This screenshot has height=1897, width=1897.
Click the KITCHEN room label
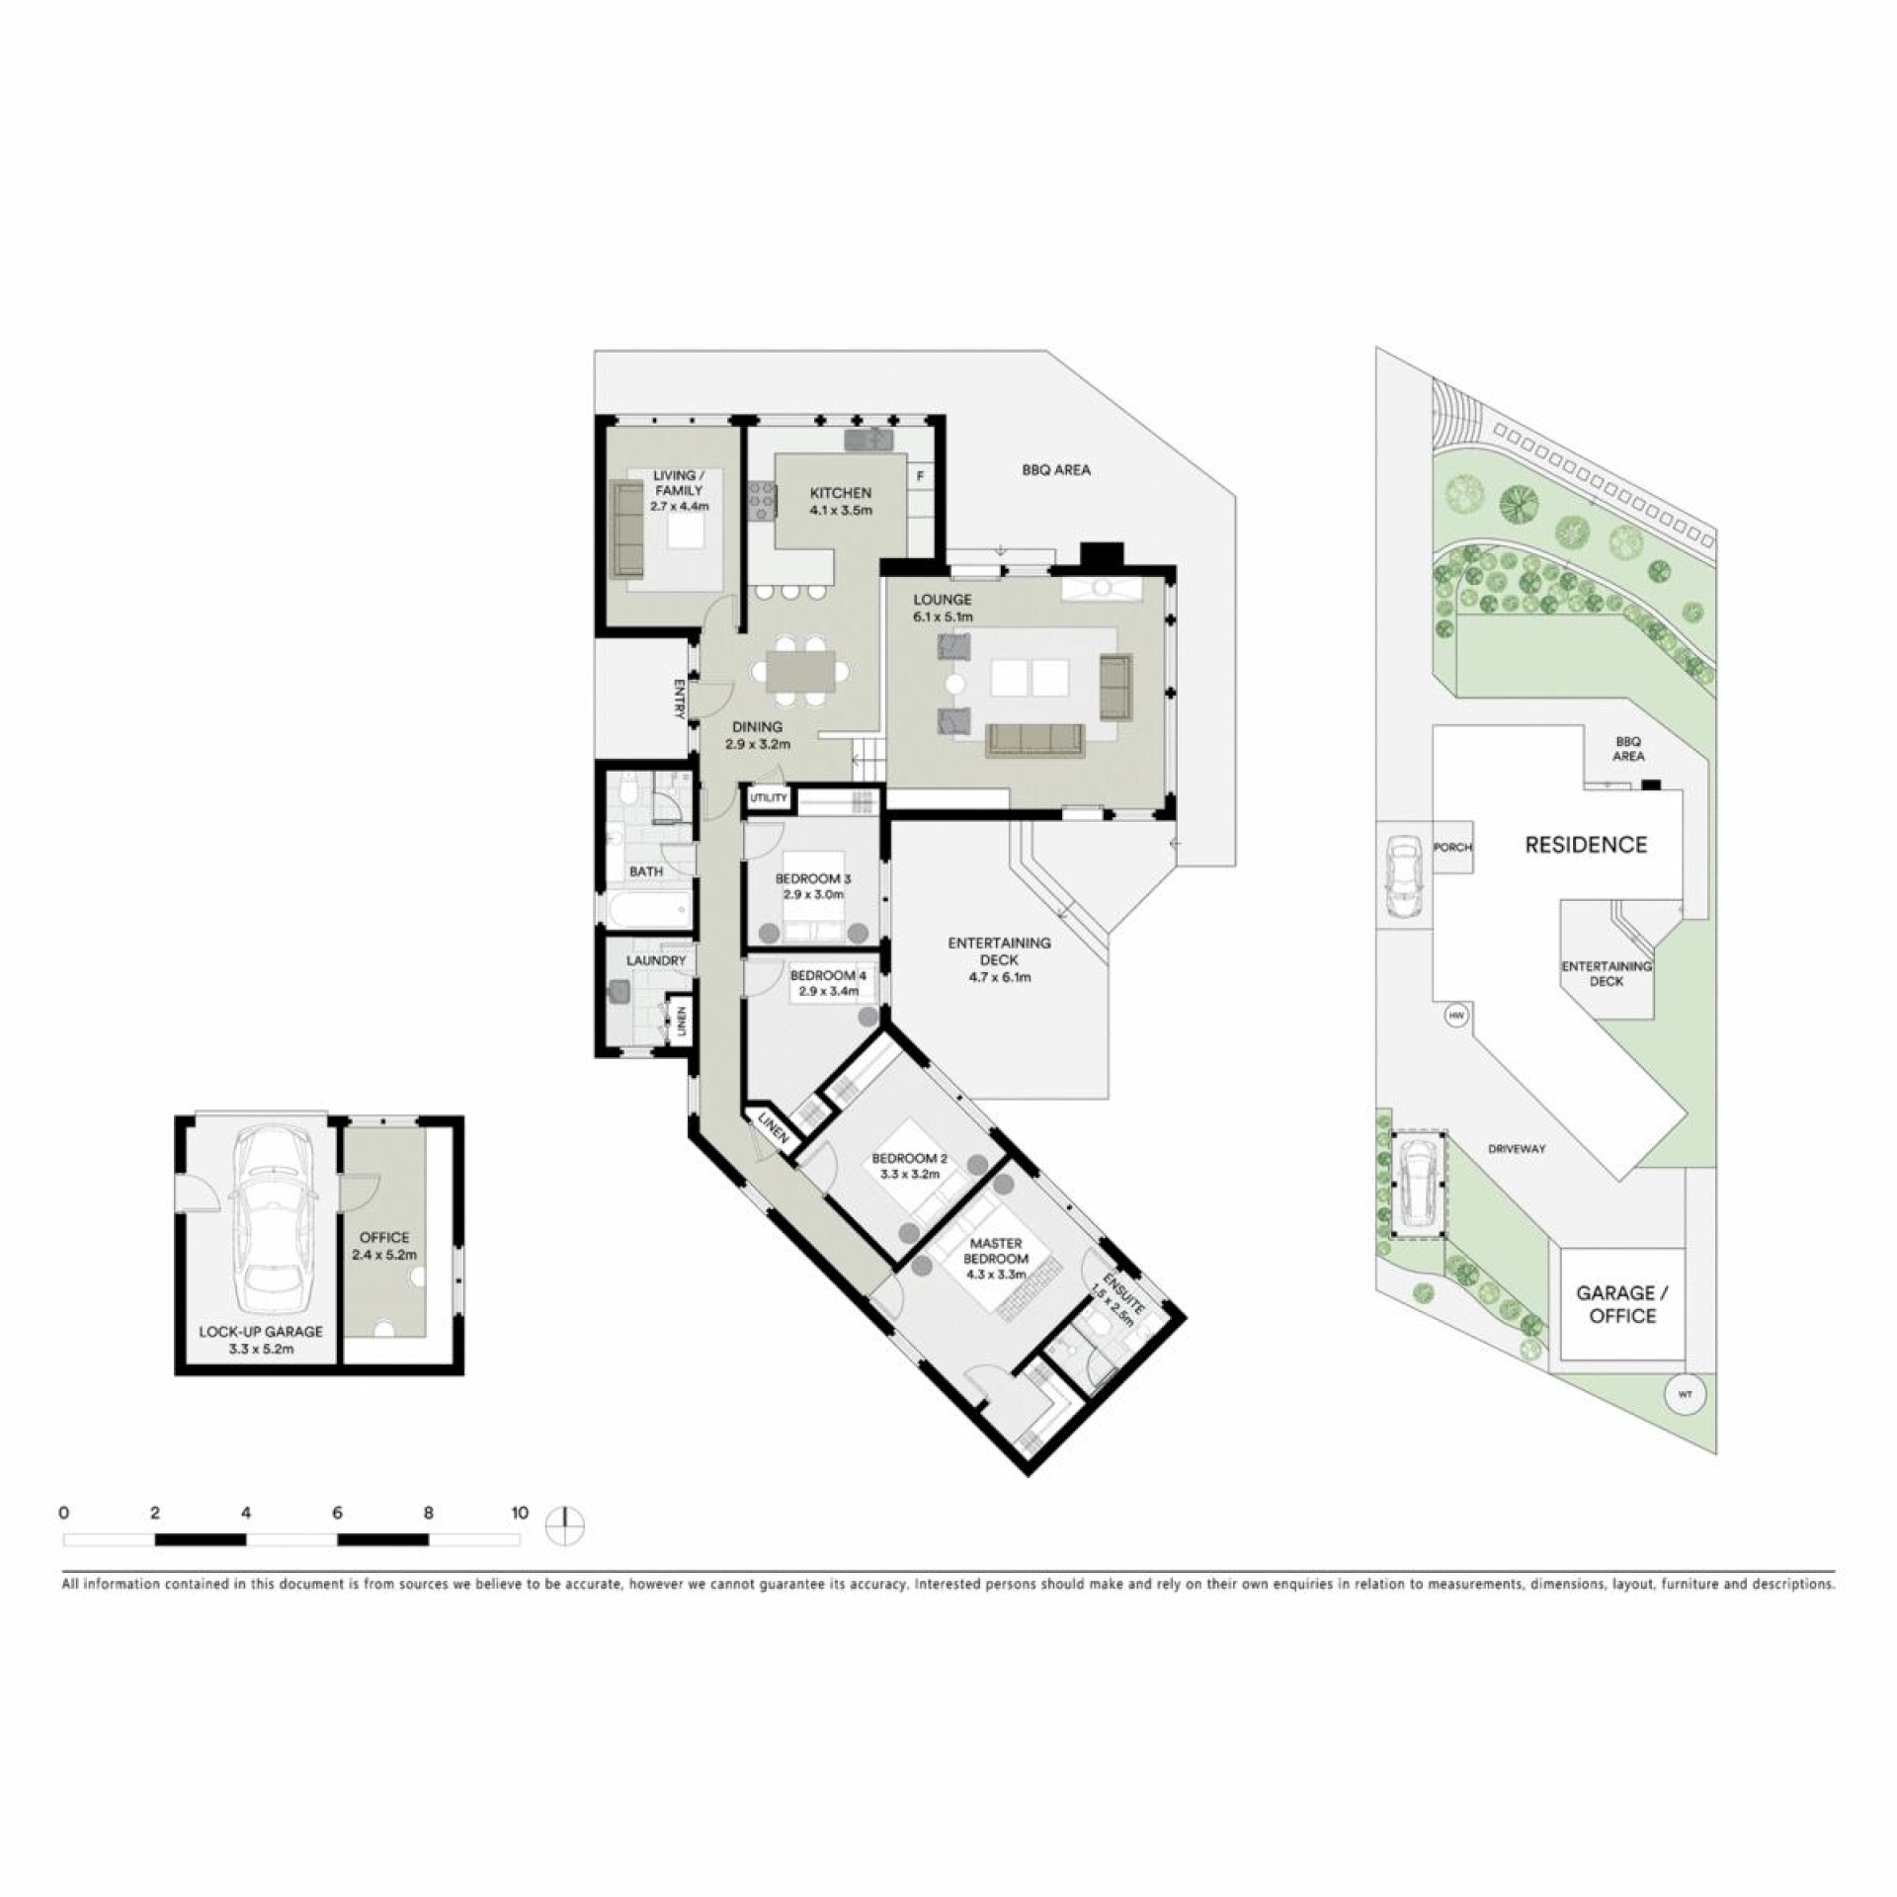click(841, 493)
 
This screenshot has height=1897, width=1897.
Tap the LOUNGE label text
click(942, 600)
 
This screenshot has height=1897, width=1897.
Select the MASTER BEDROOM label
click(996, 1251)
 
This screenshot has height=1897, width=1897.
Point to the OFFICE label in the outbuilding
click(384, 1237)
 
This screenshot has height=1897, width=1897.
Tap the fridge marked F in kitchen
click(921, 477)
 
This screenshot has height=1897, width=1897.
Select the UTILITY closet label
click(769, 797)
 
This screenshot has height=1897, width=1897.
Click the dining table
click(800, 672)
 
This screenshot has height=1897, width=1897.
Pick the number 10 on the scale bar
click(520, 1513)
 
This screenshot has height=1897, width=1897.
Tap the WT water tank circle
click(1686, 1395)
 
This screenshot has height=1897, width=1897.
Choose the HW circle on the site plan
click(1455, 1016)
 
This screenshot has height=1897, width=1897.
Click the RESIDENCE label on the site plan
click(1586, 845)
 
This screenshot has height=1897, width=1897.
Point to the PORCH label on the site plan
click(1453, 848)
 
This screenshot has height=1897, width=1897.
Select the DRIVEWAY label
click(1517, 1149)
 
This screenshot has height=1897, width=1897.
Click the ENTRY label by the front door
click(680, 698)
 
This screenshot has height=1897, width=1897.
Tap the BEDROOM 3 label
click(812, 878)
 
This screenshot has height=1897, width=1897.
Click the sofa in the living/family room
click(626, 529)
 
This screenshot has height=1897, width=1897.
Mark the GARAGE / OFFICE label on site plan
click(1622, 1304)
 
